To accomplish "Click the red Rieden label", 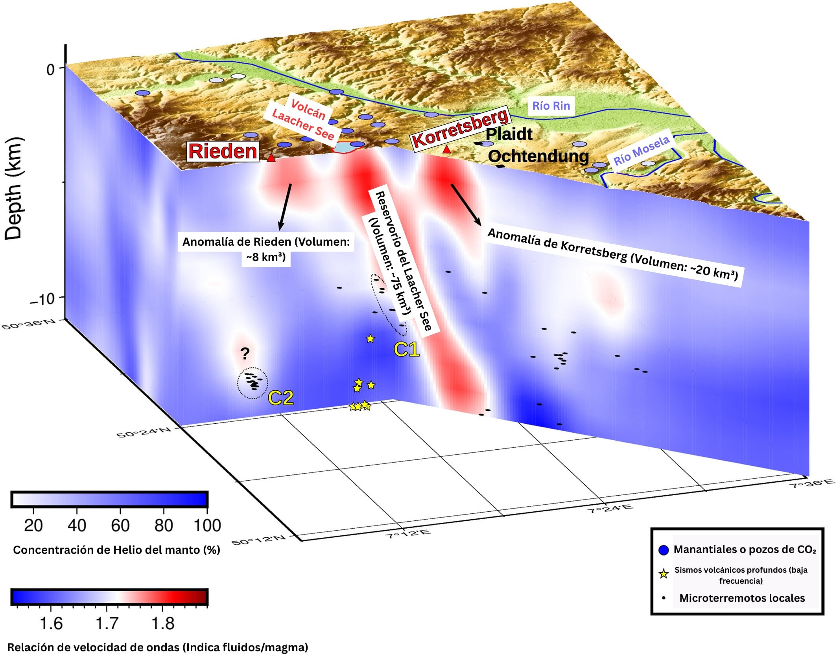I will click(223, 151).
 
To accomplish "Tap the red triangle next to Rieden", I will click(271, 158).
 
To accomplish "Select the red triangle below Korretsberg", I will click(446, 149).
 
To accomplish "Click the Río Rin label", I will click(551, 106).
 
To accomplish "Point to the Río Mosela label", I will click(642, 151).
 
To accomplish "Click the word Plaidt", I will click(509, 134).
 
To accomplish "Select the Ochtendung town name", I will click(538, 156).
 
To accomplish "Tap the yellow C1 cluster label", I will click(406, 349).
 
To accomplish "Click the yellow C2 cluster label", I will click(280, 398).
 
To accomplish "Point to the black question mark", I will click(245, 354).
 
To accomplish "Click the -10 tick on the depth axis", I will click(42, 299).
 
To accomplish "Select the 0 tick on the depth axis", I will click(50, 70).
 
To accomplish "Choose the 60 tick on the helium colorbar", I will click(120, 525).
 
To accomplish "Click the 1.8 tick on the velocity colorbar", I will click(163, 623).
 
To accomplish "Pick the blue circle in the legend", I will click(664, 550).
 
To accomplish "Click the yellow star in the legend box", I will click(664, 574).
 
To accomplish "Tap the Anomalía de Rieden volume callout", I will click(266, 249).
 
